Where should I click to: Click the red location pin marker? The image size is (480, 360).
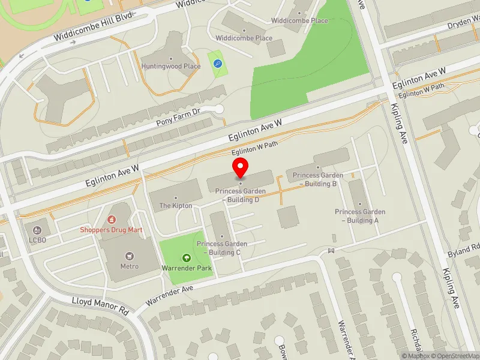click(x=241, y=167)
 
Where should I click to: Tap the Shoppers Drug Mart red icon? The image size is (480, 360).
click(x=110, y=220)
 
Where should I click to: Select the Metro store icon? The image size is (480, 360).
click(x=129, y=257)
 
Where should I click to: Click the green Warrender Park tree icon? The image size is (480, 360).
click(x=187, y=258)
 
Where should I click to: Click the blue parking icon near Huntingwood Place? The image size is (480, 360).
click(x=217, y=63)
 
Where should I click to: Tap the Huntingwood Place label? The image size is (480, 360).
click(x=170, y=66)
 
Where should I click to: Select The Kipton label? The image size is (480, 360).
click(x=176, y=206)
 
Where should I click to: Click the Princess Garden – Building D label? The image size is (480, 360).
click(x=241, y=196)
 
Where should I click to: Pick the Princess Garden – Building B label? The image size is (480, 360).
click(x=319, y=179)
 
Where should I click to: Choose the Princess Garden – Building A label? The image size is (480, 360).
click(x=360, y=216)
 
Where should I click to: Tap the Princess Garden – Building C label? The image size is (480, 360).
click(x=222, y=248)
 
